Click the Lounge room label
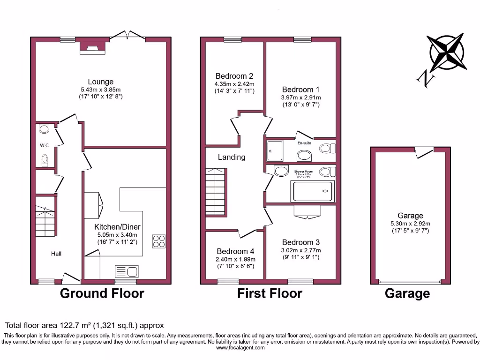tap(100, 82)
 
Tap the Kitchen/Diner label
tap(114, 227)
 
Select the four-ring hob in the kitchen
tap(159, 241)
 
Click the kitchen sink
tap(127, 271)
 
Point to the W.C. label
tap(45, 146)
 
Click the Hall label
tap(56, 254)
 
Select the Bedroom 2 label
tap(234, 76)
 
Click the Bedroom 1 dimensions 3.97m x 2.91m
tap(301, 97)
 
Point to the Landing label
tap(232, 157)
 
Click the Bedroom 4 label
tap(235, 251)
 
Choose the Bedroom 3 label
tap(301, 242)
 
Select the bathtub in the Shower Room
tap(313, 191)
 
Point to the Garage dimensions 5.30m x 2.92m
tap(410, 224)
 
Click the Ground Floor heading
tap(102, 294)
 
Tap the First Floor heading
tap(270, 294)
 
